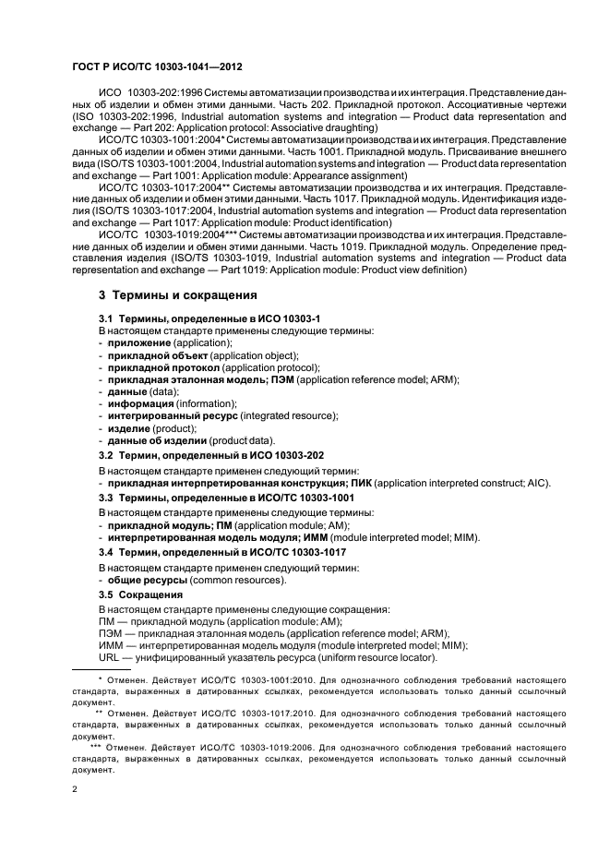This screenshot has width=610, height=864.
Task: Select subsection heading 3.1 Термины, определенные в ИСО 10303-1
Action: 183,318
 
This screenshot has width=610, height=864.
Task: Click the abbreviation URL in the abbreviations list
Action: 109,657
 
